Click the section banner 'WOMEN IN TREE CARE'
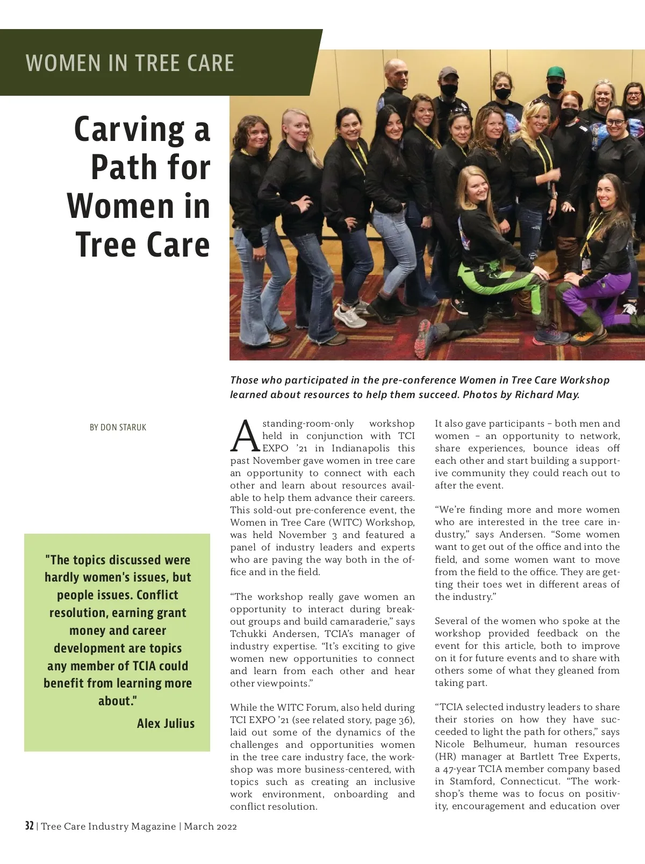[130, 63]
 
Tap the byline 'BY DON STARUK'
[118, 427]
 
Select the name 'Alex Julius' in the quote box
[166, 724]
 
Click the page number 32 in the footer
[29, 826]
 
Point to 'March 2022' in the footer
[210, 826]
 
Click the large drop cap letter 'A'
[245, 436]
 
